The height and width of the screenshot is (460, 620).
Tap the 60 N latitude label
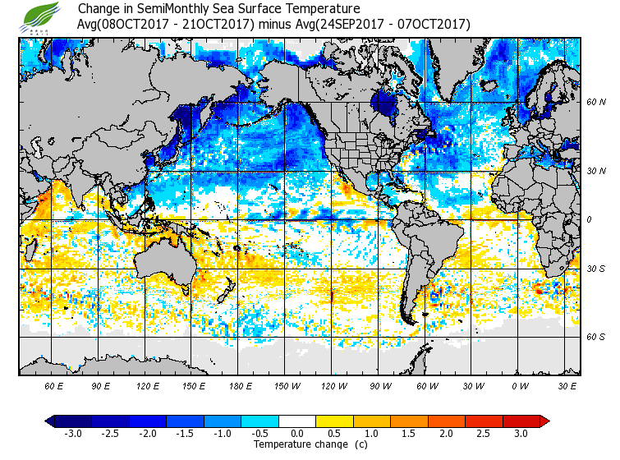coord(595,103)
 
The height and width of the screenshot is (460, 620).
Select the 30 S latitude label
coord(595,269)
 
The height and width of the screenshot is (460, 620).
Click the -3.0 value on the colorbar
coord(73,433)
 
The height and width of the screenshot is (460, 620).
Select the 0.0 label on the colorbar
coord(297,433)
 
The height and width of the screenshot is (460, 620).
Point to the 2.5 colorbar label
coord(484,433)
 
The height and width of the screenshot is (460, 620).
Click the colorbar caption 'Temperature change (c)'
coord(298,444)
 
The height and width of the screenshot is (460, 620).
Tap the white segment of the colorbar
coord(297,421)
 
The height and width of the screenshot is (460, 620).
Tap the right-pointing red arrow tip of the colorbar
coord(545,421)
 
